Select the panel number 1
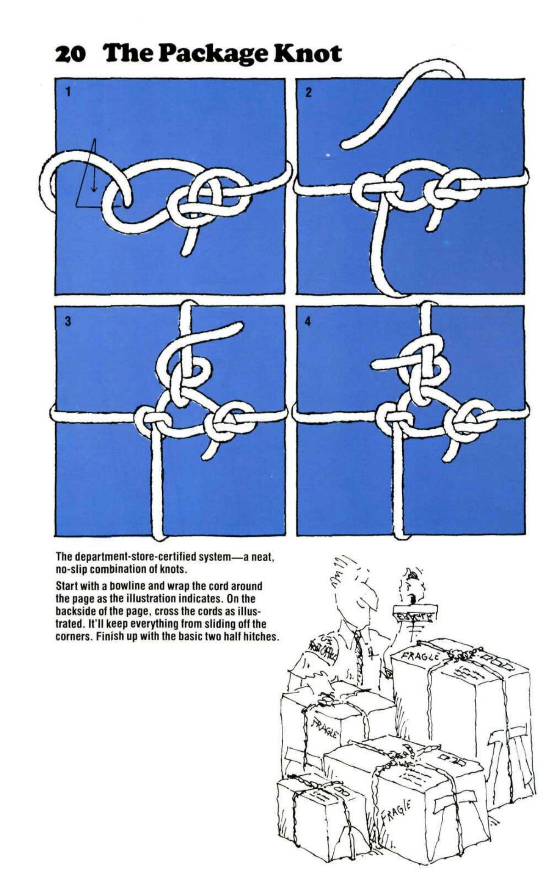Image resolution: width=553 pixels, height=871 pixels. click(x=68, y=91)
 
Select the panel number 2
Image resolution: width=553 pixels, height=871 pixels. click(x=308, y=92)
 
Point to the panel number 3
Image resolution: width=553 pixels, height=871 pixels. click(x=68, y=321)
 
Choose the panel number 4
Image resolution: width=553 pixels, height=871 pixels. click(x=308, y=321)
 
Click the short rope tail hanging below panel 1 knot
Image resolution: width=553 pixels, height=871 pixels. click(x=187, y=248)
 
